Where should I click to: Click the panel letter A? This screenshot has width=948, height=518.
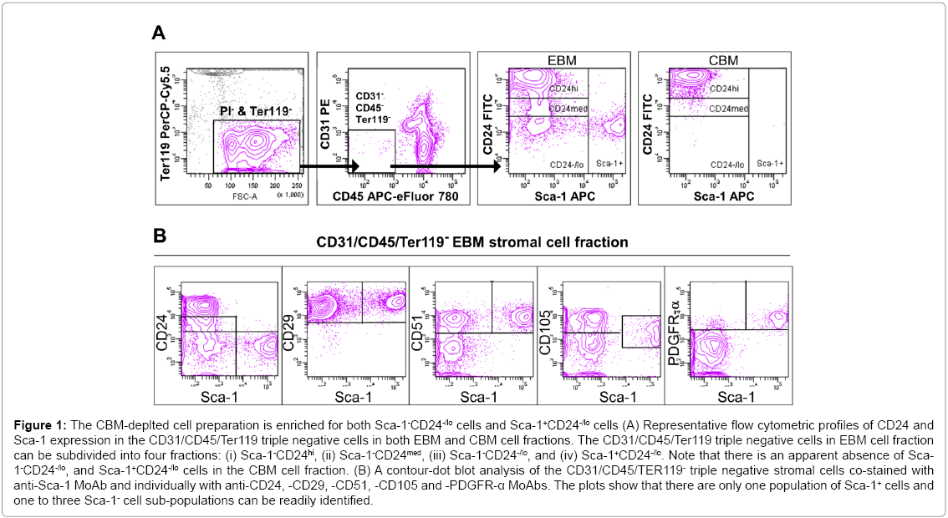(x=159, y=33)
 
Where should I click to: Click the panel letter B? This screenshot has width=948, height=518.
(x=161, y=236)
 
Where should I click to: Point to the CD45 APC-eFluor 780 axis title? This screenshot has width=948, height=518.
(x=388, y=197)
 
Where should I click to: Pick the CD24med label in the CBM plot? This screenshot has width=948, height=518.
(x=728, y=109)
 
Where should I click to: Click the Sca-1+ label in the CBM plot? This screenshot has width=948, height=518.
(x=770, y=165)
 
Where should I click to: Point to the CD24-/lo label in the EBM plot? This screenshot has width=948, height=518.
(x=565, y=165)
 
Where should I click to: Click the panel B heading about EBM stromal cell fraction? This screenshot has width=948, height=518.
(x=471, y=243)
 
